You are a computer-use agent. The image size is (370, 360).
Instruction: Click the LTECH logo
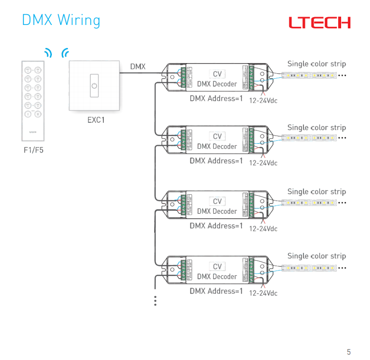click(319, 22)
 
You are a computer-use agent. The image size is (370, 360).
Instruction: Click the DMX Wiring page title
click(61, 21)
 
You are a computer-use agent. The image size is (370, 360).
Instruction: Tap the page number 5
click(348, 352)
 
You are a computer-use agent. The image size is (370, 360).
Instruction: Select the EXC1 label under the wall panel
click(95, 120)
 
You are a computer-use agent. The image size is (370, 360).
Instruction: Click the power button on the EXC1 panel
click(94, 86)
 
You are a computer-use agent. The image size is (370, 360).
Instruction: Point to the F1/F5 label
click(34, 150)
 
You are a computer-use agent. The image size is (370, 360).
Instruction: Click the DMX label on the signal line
click(138, 66)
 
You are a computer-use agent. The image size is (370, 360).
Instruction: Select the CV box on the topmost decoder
click(217, 74)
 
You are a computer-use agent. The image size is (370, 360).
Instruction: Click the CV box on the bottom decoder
click(217, 267)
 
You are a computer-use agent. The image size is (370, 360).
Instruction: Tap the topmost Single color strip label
click(316, 64)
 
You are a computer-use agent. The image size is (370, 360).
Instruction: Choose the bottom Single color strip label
click(316, 256)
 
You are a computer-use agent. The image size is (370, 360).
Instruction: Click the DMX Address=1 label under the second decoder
click(216, 160)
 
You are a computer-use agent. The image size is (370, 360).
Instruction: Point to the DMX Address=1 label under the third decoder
click(216, 226)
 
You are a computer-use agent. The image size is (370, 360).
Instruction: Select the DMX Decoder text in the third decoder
click(217, 211)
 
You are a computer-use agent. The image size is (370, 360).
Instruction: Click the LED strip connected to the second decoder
click(308, 138)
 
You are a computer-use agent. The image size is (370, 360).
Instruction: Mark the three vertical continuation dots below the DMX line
click(155, 301)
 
